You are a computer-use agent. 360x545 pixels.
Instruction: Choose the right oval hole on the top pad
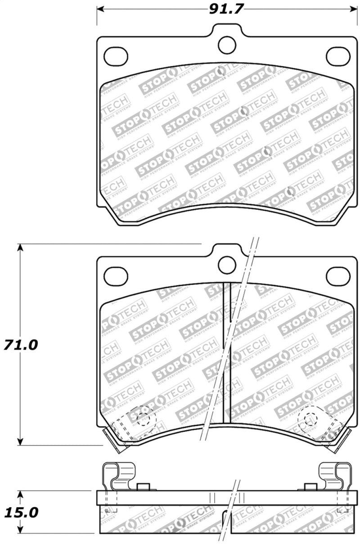(338, 55)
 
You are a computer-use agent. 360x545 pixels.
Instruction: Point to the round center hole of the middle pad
(227, 265)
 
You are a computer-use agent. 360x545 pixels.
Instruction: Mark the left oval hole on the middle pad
(116, 276)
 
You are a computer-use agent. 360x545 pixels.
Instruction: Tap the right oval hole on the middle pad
(338, 276)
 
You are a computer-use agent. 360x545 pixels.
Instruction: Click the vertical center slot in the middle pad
(227, 351)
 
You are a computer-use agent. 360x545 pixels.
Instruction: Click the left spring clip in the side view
(119, 477)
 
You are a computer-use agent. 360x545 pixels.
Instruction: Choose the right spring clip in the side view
(335, 477)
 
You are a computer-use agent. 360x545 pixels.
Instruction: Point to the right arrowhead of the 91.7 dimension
(353, 9)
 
